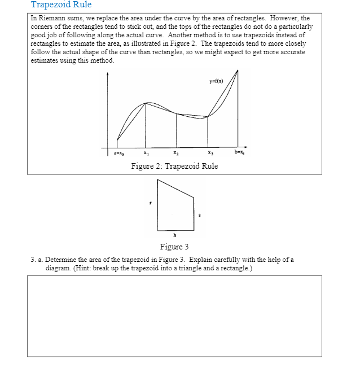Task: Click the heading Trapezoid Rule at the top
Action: point(61,5)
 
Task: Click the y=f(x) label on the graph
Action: point(216,81)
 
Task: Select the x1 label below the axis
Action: point(146,154)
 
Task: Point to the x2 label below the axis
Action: point(177,154)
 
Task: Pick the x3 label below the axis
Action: point(210,154)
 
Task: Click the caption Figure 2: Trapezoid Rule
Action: point(174,166)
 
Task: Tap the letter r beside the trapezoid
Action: point(150,203)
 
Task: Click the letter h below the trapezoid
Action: point(175,235)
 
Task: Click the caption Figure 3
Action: point(174,247)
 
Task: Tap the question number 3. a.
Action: point(36,260)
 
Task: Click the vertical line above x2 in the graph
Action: point(177,130)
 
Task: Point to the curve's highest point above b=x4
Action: point(238,71)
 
